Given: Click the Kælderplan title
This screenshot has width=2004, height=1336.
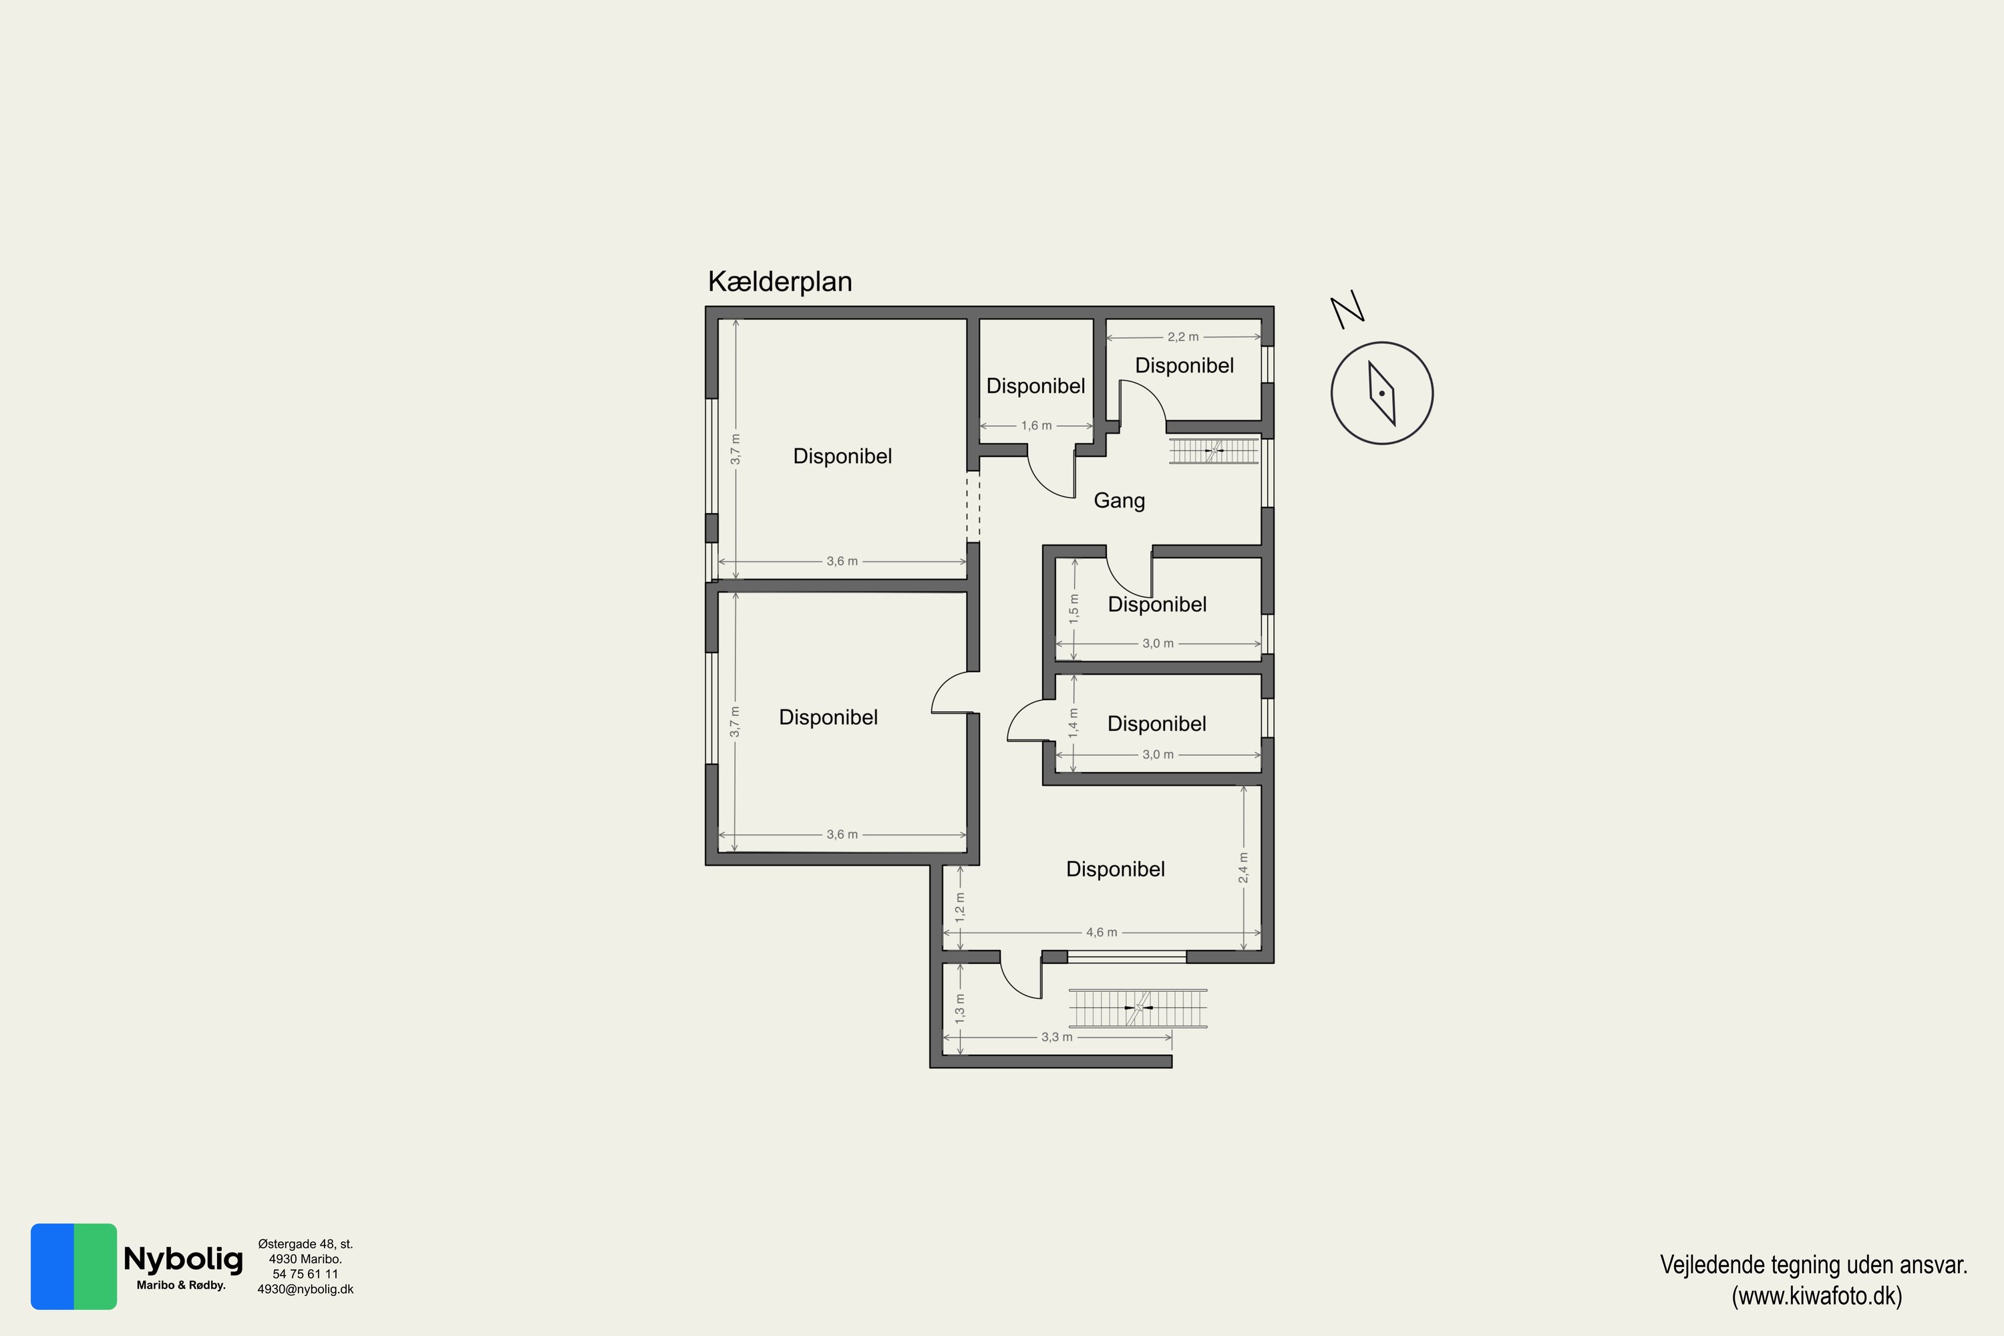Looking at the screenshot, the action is pos(780,282).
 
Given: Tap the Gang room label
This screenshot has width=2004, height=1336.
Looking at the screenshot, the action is pos(1119,501).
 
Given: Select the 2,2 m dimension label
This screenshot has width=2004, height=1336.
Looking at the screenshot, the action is pos(1182,337).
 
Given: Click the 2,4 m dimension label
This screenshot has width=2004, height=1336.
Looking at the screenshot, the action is pos(1243,867).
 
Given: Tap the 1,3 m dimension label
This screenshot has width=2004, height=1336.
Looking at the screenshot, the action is pos(961,1009).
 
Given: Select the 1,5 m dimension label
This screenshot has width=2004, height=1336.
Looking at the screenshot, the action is pos(1073,609).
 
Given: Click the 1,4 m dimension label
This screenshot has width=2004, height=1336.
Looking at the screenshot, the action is pos(1073,723).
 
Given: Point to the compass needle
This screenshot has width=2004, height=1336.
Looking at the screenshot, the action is pos(1382,393).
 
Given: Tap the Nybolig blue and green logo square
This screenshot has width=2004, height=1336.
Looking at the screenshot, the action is pos(74,1266).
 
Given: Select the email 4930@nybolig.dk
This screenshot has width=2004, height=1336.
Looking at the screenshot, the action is pos(305,1289).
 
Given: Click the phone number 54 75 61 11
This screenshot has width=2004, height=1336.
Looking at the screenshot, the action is pos(305,1274).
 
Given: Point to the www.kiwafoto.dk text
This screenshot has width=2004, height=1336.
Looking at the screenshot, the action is pos(1816,1296).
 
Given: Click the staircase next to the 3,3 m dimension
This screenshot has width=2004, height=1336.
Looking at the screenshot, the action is pos(1138,1009).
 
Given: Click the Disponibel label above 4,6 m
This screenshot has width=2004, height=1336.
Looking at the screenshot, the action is pos(1116,869).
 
